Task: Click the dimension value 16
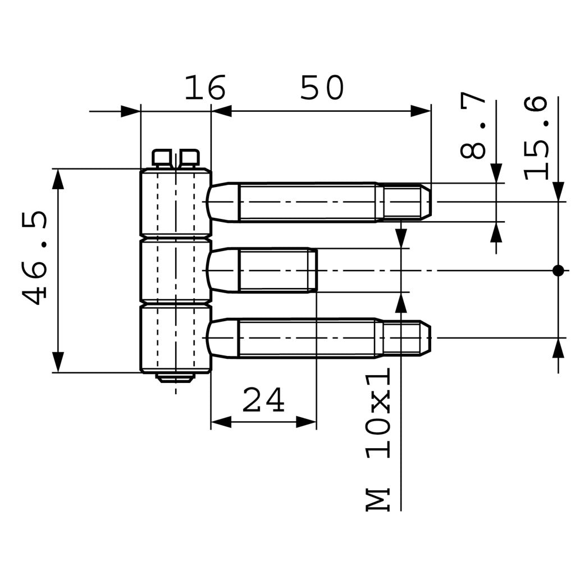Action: (205, 88)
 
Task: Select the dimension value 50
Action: (321, 88)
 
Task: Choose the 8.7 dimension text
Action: (473, 127)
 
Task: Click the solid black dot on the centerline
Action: (558, 271)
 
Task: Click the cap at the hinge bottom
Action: (175, 377)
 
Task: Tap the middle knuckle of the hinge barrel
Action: (175, 271)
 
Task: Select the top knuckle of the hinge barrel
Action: (175, 202)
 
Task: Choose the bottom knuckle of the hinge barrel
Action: (175, 338)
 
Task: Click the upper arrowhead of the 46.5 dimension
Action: (58, 179)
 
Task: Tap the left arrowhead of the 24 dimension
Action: (221, 422)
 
